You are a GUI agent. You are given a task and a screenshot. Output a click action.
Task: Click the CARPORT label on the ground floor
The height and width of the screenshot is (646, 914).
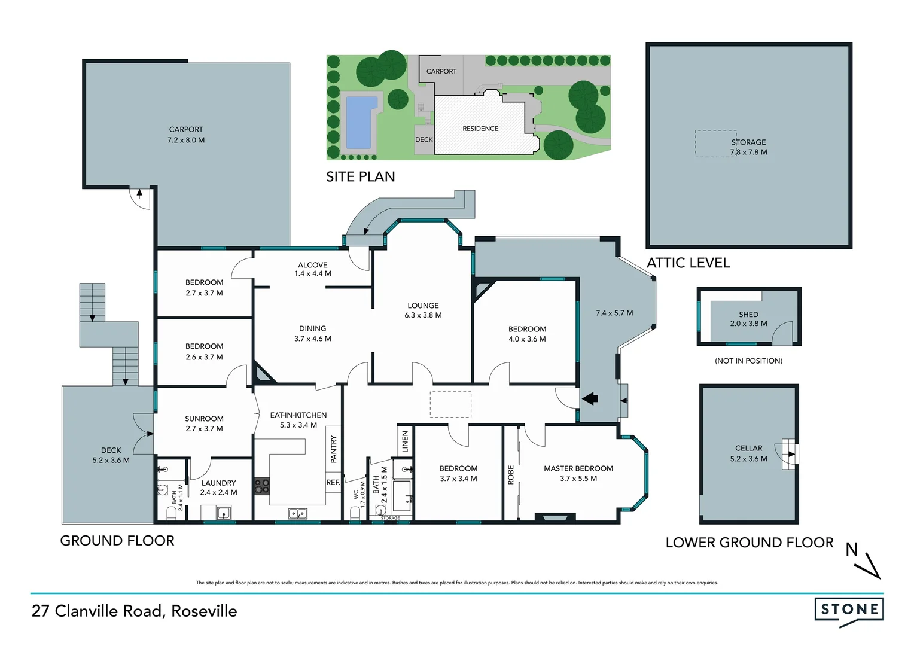[186, 129]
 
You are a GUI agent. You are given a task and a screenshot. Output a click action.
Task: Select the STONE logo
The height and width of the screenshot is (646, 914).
[849, 610]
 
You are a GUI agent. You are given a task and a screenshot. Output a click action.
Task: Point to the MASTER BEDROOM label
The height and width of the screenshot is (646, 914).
[578, 468]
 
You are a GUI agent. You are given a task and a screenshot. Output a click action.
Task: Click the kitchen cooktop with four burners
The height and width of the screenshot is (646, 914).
[262, 486]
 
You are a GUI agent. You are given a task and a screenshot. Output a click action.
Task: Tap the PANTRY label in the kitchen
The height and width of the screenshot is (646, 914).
[334, 449]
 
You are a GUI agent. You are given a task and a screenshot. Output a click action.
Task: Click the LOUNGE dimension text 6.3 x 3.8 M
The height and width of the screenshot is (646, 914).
[423, 315]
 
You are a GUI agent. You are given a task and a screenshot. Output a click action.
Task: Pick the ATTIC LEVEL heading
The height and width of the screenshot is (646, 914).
[688, 263]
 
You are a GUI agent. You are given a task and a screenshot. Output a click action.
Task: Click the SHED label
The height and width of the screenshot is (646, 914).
[748, 314]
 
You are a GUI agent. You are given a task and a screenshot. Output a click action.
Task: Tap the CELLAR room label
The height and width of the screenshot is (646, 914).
[748, 448]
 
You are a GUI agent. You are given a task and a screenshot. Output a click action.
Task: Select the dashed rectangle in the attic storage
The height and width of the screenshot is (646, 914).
[715, 143]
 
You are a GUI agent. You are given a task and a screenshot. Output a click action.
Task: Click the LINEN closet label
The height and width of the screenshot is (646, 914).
[405, 441]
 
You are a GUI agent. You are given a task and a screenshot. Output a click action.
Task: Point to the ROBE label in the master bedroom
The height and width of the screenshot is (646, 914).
[511, 475]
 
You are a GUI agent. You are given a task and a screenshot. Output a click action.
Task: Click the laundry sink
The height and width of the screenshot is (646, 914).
[224, 513]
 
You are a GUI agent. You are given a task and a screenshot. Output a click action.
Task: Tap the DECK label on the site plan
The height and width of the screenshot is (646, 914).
[424, 139]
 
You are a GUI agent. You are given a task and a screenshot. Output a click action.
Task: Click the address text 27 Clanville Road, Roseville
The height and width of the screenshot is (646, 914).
[135, 611]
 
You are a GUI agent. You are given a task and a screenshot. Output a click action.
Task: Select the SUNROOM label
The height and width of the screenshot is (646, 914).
[204, 419]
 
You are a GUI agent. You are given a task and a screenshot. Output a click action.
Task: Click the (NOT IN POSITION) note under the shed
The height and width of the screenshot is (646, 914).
[748, 361]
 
